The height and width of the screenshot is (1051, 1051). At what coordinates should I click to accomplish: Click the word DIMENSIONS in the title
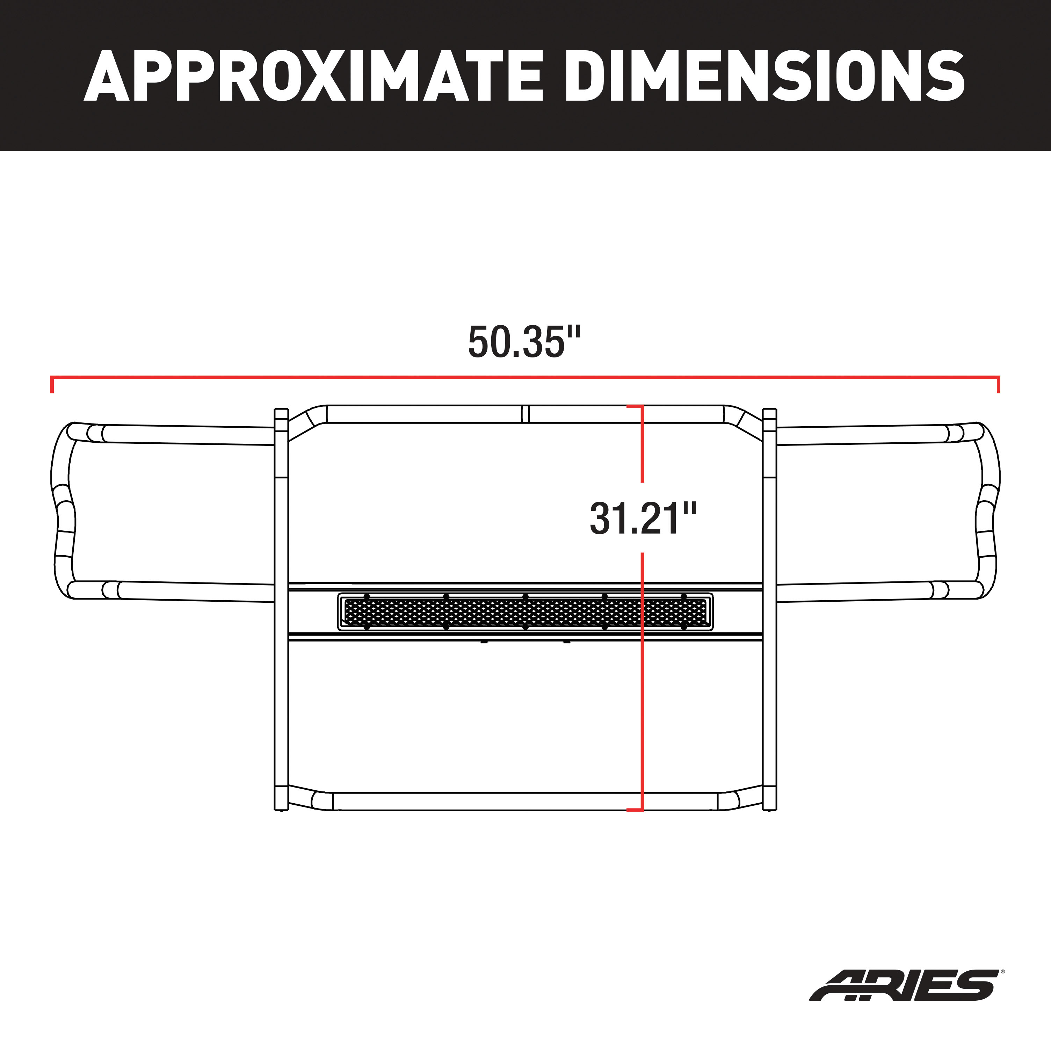click(764, 76)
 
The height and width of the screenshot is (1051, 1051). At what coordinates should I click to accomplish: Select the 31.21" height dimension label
click(643, 519)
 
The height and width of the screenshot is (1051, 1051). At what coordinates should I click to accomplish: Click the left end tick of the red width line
click(52, 384)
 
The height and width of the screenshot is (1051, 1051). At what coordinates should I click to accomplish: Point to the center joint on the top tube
click(525, 414)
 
